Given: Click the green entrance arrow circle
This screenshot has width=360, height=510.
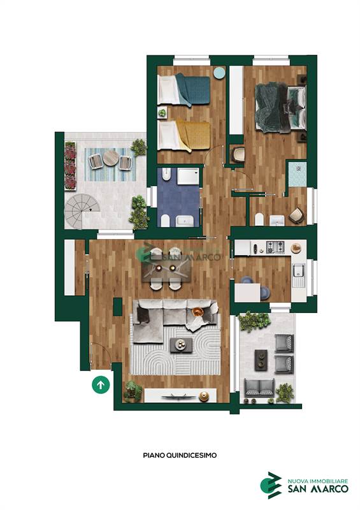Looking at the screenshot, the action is [101, 385].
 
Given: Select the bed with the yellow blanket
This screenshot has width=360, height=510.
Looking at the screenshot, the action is [184, 136].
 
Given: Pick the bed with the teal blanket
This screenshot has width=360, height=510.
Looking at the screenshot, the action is [184, 90].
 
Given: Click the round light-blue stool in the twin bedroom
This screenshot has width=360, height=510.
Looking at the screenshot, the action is [220, 73].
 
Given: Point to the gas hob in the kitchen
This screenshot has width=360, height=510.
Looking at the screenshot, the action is [275, 247].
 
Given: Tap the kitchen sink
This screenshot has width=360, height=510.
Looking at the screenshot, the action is [299, 270].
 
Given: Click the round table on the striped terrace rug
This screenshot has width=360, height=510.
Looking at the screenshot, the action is [111, 158].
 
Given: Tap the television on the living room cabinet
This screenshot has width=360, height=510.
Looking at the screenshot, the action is [175, 396].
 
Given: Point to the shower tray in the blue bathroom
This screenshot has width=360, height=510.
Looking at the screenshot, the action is [188, 176].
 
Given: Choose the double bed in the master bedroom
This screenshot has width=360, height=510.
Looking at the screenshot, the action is [280, 108].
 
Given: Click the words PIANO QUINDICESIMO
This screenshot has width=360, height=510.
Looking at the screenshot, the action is [180, 455].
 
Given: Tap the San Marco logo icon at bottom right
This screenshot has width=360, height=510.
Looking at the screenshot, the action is [271, 485].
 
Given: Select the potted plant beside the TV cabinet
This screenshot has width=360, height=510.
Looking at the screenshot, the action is [133, 391].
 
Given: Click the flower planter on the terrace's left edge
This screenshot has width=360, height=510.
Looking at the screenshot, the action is [70, 166].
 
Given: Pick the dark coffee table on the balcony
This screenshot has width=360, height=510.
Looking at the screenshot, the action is [261, 360].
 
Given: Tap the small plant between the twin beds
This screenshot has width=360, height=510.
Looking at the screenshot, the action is [162, 113].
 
